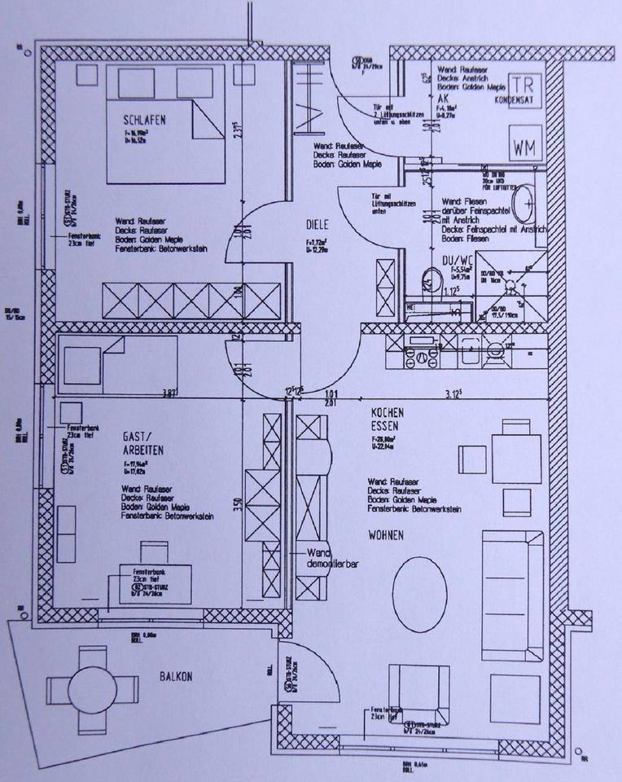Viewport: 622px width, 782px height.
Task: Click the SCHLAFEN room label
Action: pyautogui.click(x=147, y=120)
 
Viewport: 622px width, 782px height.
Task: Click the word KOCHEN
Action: pyautogui.click(x=388, y=413)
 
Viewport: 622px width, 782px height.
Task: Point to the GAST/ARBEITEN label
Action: pyautogui.click(x=144, y=442)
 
